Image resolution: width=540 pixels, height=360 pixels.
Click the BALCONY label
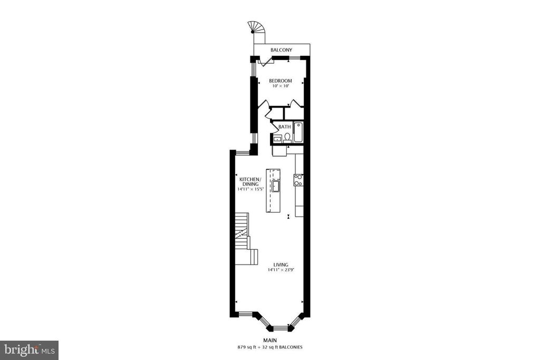click(281, 50)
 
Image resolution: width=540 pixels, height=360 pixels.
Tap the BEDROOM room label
click(281, 81)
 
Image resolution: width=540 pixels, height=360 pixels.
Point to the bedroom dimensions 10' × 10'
click(281, 86)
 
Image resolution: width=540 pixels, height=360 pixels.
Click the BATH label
click(284, 127)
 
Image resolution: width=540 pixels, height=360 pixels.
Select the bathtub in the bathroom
click(298, 132)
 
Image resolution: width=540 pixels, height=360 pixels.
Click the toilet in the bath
click(287, 138)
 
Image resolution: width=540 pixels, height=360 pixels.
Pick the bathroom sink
click(276, 139)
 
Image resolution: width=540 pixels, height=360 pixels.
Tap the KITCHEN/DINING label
click(250, 182)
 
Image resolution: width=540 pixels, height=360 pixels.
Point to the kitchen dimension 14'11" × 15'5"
click(250, 189)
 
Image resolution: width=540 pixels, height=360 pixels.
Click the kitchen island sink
click(275, 187)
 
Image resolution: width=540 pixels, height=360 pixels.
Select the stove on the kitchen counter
click(298, 180)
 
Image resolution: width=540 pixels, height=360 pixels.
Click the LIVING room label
click(281, 265)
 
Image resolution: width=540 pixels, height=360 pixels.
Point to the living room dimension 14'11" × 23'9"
click(281, 270)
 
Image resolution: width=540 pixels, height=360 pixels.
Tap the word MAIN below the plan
click(269, 340)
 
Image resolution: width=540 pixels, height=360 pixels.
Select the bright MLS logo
click(29, 351)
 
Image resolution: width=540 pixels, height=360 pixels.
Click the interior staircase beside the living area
click(246, 239)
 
